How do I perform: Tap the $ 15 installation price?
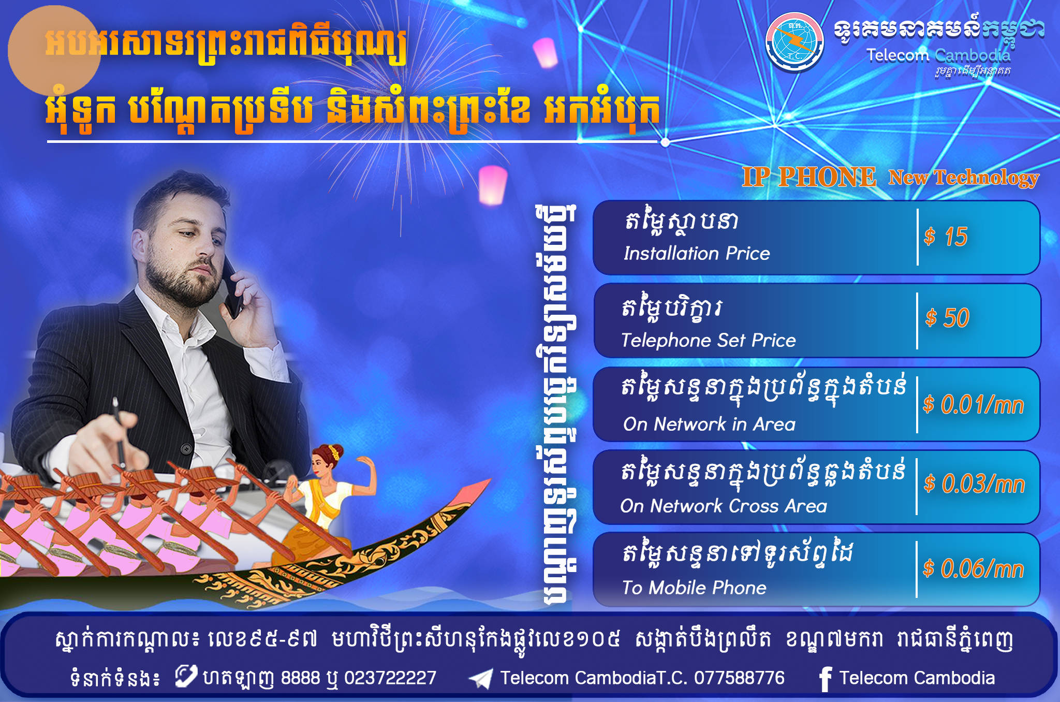click(x=946, y=237)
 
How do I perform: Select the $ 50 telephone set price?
click(x=947, y=318)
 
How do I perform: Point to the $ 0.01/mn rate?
click(x=974, y=404)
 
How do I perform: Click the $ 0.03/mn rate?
click(x=975, y=484)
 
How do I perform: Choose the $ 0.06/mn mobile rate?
click(x=974, y=569)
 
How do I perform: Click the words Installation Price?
click(x=697, y=253)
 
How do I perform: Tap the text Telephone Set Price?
click(x=709, y=340)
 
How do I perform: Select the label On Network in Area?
click(x=709, y=424)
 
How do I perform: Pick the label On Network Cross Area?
click(x=724, y=506)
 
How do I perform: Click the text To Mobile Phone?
click(x=694, y=588)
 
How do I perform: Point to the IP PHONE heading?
click(x=809, y=177)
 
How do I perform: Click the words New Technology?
click(x=964, y=178)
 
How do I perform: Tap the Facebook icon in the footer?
click(x=826, y=679)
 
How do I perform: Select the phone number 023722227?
click(x=390, y=678)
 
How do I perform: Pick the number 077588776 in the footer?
click(x=739, y=678)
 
